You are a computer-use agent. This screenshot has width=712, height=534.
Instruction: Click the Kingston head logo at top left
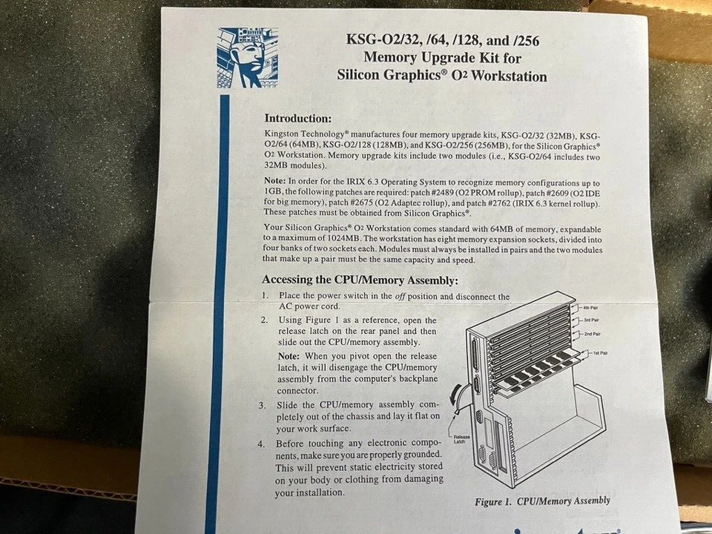coord(248,57)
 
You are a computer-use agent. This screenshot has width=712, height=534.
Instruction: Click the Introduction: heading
coord(298,118)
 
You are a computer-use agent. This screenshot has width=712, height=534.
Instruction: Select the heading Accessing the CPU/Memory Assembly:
coord(360,280)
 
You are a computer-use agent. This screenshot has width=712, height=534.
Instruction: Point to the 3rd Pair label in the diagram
coord(593,320)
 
